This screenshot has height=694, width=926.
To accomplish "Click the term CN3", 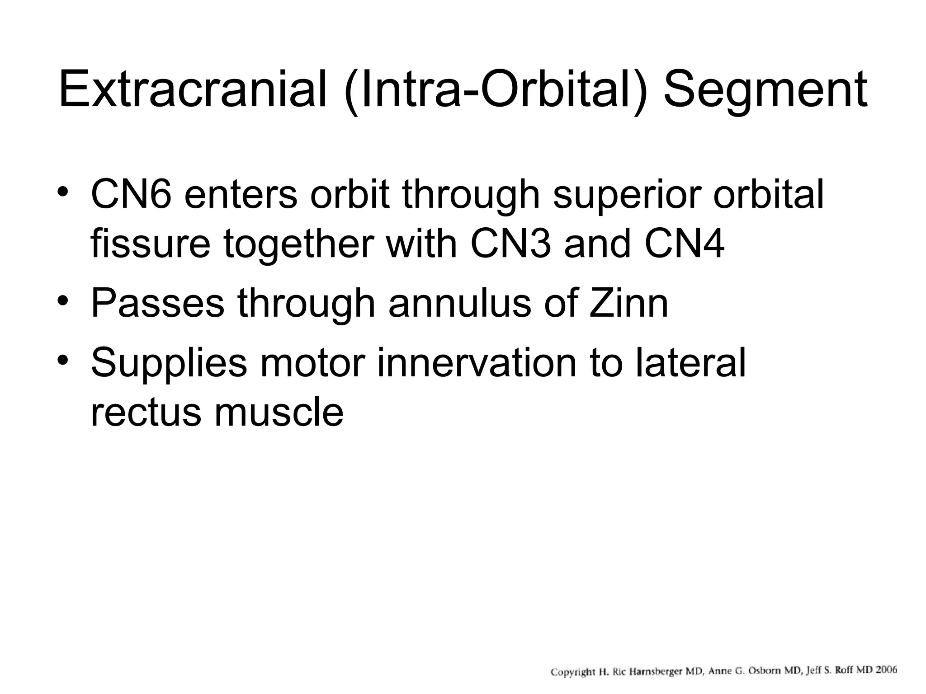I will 511,244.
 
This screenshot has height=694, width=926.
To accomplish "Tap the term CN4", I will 685,244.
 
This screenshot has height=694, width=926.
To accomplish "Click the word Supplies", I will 169,363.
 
